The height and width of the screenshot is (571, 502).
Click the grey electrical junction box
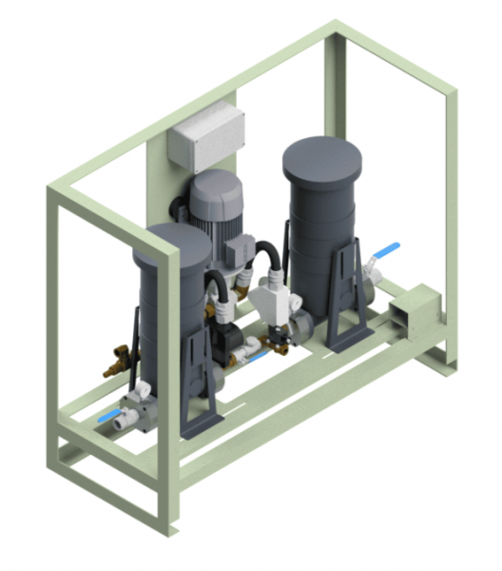205,136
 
